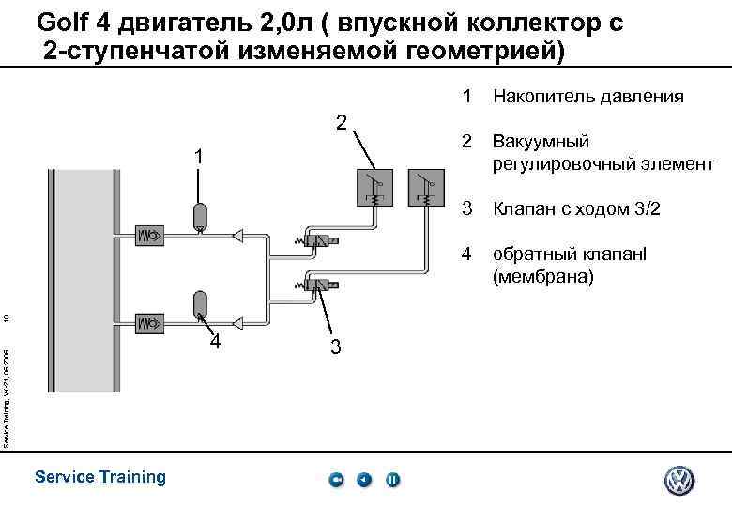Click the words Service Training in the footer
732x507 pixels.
[x=99, y=477]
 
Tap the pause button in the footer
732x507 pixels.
[x=392, y=481]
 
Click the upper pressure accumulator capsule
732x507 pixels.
[x=199, y=216]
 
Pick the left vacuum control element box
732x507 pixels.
[x=374, y=187]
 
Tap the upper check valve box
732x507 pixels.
[x=150, y=234]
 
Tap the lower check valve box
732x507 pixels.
[x=150, y=324]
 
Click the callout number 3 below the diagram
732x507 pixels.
[x=336, y=348]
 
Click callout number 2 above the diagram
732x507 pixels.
[x=342, y=124]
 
